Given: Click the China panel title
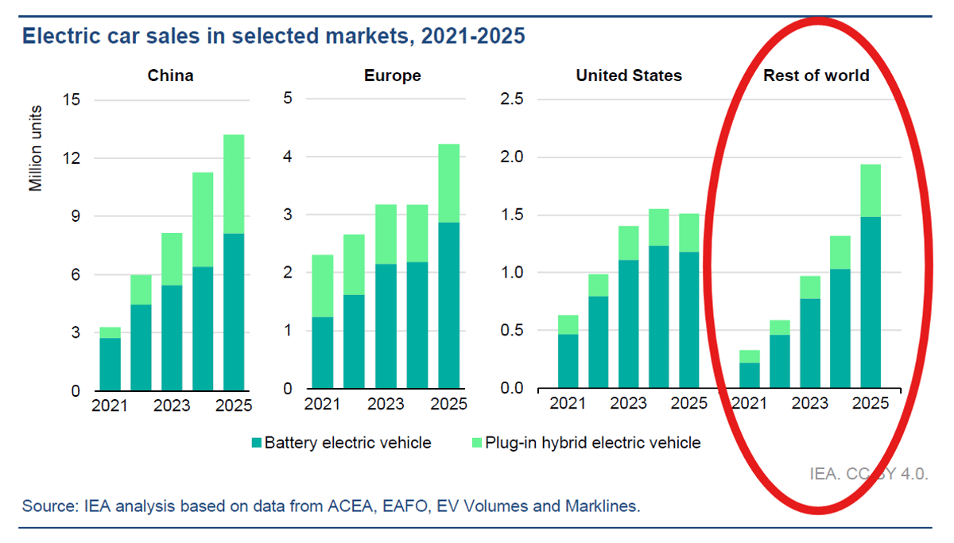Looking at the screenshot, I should (x=170, y=76).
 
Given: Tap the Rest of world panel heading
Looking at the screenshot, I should (x=816, y=76).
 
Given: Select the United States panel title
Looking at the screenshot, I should (x=629, y=76).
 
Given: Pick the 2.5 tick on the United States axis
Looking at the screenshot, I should (x=511, y=99).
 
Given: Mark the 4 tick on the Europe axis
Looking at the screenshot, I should (x=289, y=157).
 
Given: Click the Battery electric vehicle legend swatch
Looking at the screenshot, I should (x=256, y=443).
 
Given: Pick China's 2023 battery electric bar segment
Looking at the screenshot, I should (x=172, y=337).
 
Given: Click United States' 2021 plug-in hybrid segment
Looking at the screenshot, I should (x=568, y=324).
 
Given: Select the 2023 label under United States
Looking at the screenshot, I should (x=629, y=403).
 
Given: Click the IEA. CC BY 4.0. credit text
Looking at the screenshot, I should (x=868, y=474).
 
